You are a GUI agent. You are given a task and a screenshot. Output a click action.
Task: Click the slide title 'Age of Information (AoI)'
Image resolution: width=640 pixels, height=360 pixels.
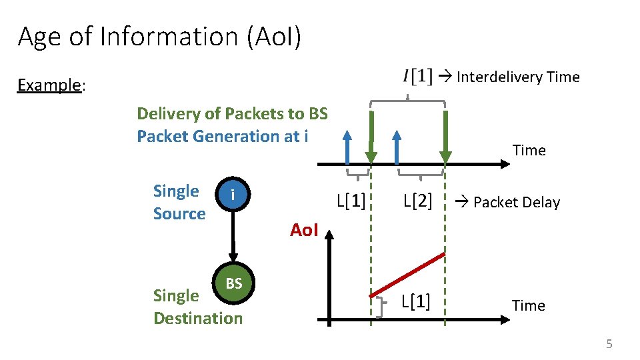click(x=159, y=37)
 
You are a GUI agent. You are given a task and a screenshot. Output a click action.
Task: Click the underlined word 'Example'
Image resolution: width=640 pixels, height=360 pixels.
click(x=49, y=85)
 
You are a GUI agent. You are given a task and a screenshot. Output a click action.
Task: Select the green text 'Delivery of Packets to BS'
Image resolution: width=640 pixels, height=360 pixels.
click(x=232, y=113)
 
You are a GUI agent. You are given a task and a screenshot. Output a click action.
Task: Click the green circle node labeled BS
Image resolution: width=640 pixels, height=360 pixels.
click(x=233, y=283)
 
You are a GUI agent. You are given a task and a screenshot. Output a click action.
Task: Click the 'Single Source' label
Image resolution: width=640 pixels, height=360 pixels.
click(x=179, y=202)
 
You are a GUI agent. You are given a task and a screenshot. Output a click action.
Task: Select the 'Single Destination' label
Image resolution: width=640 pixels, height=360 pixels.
click(x=197, y=307)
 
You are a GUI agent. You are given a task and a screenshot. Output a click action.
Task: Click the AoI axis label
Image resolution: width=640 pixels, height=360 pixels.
click(x=304, y=230)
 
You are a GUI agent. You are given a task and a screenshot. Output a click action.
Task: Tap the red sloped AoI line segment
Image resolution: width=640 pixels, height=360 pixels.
click(x=407, y=275)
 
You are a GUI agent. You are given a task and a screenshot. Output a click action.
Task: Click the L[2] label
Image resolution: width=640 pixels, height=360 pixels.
click(x=417, y=201)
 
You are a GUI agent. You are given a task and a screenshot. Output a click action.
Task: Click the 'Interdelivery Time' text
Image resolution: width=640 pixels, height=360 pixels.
click(x=518, y=77)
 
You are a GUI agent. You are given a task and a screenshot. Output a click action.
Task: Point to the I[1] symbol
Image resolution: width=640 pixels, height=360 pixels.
click(x=417, y=77)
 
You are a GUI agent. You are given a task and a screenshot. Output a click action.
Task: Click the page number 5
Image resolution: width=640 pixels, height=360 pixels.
click(x=608, y=344)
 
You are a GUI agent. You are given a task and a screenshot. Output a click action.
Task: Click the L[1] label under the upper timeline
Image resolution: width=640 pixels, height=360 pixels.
click(x=351, y=201)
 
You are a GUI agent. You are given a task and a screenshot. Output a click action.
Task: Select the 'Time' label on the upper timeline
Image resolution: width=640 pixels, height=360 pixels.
click(x=529, y=151)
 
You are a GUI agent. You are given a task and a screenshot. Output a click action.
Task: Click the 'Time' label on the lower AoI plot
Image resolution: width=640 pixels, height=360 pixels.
click(x=528, y=305)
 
